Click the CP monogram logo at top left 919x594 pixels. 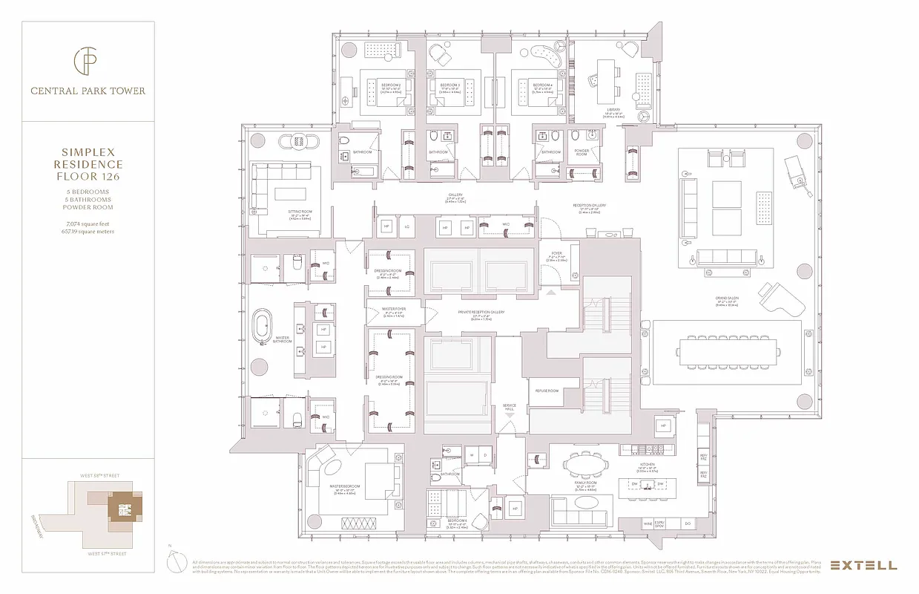[x=87, y=60]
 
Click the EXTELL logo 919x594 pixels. [x=863, y=565]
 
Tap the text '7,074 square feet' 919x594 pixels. [x=88, y=223]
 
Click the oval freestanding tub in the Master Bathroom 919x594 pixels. [x=263, y=327]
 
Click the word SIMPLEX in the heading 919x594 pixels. [x=88, y=151]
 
